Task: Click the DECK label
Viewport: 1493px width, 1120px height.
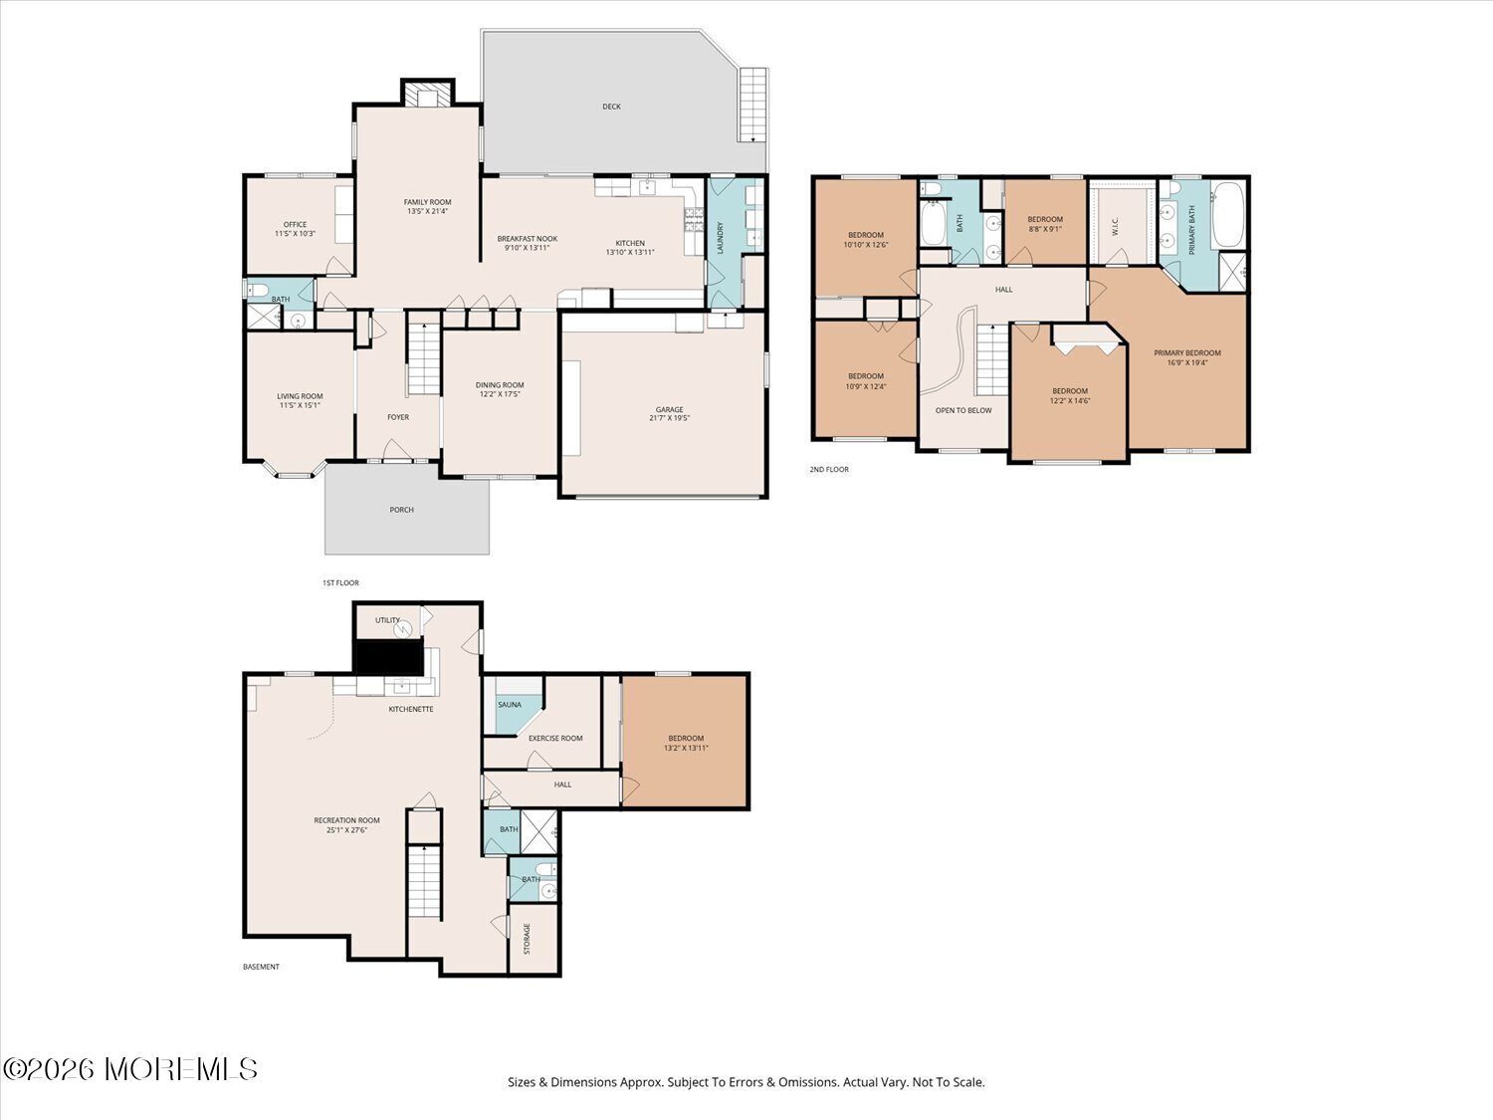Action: click(x=611, y=107)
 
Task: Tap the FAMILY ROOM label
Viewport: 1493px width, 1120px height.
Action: click(x=427, y=202)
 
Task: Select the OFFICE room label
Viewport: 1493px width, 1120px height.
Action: click(x=296, y=224)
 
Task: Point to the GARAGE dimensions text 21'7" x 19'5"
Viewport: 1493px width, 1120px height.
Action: click(x=669, y=418)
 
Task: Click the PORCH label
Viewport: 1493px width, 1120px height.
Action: click(x=401, y=510)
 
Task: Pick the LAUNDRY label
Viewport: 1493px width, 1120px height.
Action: click(x=721, y=238)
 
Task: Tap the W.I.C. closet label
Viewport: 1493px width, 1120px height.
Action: click(x=1115, y=226)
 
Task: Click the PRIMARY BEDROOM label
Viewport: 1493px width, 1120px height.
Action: click(x=1186, y=353)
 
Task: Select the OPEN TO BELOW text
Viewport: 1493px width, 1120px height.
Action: click(x=963, y=411)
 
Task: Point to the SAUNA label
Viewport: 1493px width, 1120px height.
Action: click(x=510, y=705)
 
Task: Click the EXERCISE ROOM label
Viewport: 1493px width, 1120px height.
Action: click(x=555, y=738)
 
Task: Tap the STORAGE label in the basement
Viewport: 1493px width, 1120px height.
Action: click(x=527, y=939)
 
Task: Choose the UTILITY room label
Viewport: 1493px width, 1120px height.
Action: click(x=388, y=620)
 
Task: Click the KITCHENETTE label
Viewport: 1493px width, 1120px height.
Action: click(x=411, y=709)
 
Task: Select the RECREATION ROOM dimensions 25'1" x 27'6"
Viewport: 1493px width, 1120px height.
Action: click(x=347, y=829)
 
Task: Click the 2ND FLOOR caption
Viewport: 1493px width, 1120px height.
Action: click(x=828, y=469)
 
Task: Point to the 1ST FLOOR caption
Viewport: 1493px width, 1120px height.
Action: click(x=340, y=582)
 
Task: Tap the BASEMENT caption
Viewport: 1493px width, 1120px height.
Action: click(x=261, y=967)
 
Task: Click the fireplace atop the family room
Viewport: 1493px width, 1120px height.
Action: click(x=427, y=94)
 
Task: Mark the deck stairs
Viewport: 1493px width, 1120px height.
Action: click(x=752, y=105)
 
